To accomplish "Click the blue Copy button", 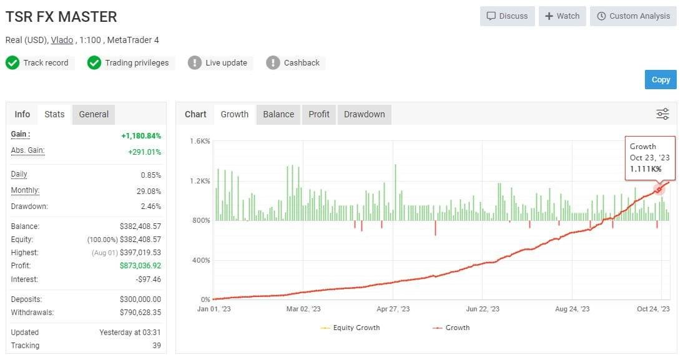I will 661,79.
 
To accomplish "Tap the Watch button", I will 562,16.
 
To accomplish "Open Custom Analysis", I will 633,16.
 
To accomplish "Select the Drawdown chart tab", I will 364,114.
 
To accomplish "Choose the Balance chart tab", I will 278,114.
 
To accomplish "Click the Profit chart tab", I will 319,114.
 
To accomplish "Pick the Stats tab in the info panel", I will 54,114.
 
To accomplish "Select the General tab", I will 94,114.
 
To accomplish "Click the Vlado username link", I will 62,40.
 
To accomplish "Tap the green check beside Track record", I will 12,62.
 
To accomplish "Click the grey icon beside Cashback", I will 273,62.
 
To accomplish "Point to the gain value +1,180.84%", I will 141,135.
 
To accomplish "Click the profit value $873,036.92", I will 140,266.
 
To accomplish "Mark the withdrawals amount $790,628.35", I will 140,312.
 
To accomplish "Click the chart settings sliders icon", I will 662,114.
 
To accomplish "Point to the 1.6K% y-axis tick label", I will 200,142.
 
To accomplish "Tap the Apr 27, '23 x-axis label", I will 393,309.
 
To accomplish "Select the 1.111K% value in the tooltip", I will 646,169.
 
